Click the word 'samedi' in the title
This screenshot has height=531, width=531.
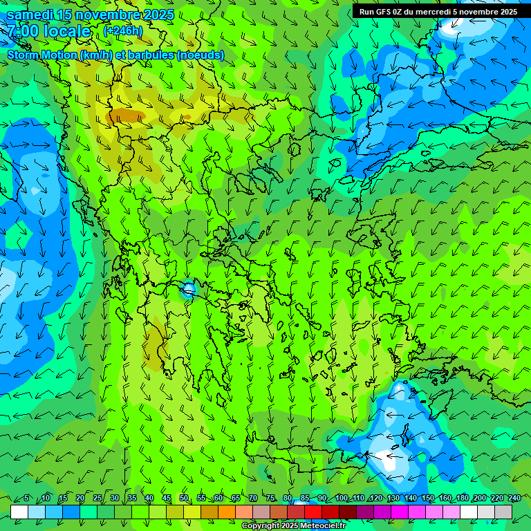(x=30, y=15)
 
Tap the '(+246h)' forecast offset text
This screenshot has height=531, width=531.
(x=123, y=30)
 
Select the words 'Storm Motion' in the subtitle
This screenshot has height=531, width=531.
(x=42, y=55)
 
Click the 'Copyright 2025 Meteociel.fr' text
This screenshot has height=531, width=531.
(x=293, y=526)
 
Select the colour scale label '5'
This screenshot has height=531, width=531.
(x=26, y=499)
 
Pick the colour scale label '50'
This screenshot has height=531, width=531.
(x=184, y=499)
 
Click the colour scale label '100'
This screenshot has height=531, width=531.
(x=342, y=499)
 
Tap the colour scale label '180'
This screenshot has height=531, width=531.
(x=462, y=499)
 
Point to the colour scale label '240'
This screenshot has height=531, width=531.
(x=514, y=499)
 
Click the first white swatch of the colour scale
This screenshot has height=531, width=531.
(x=19, y=512)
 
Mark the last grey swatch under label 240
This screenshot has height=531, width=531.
(x=503, y=512)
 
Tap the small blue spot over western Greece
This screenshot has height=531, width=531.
(x=187, y=290)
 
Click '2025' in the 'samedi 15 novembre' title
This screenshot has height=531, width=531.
(x=155, y=15)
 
